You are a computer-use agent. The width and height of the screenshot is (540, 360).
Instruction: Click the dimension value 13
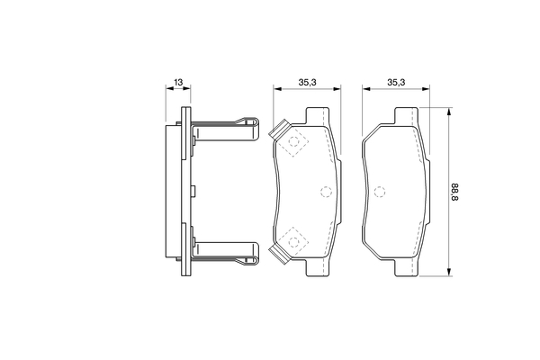click(178, 82)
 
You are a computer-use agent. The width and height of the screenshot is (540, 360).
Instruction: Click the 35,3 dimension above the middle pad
click(307, 82)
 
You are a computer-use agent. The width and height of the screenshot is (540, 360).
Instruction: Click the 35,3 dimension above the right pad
click(396, 82)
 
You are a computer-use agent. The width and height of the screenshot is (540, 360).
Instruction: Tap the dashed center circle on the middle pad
click(326, 192)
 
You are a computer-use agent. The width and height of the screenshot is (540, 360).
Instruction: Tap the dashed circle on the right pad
click(380, 192)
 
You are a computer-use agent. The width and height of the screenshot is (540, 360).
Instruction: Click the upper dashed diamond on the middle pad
click(293, 141)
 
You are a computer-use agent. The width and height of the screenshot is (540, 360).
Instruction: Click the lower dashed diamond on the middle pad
click(293, 242)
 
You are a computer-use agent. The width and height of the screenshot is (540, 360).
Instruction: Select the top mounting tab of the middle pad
click(317, 116)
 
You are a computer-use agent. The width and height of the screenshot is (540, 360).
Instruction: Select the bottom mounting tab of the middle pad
click(317, 267)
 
